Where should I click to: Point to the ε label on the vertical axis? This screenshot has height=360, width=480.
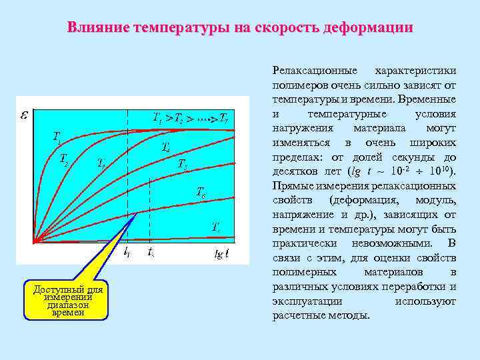[24, 115]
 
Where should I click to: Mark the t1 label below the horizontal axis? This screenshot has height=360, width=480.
[127, 253]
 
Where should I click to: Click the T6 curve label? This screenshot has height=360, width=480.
[201, 193]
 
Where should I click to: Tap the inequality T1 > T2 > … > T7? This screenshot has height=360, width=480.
[191, 119]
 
